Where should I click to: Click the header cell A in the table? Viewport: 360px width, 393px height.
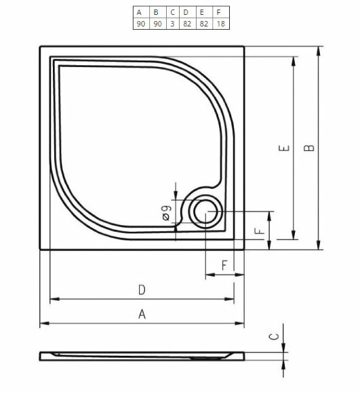[139, 12]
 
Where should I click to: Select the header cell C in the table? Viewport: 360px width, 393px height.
[172, 12]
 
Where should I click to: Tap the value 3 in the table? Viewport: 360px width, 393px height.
[172, 24]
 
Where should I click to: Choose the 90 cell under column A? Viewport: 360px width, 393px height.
[139, 24]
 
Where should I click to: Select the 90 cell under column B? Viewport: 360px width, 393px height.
[156, 24]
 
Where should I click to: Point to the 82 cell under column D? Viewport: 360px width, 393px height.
[186, 24]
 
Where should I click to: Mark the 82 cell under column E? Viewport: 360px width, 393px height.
[203, 24]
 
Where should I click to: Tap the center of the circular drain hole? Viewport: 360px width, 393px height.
[203, 213]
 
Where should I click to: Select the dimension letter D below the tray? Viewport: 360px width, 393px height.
[142, 289]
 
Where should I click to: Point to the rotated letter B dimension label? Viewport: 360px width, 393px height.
[309, 148]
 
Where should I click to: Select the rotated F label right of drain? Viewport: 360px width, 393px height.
[260, 230]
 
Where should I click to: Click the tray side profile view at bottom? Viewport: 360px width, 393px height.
[142, 356]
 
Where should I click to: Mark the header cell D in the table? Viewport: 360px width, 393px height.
[186, 12]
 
